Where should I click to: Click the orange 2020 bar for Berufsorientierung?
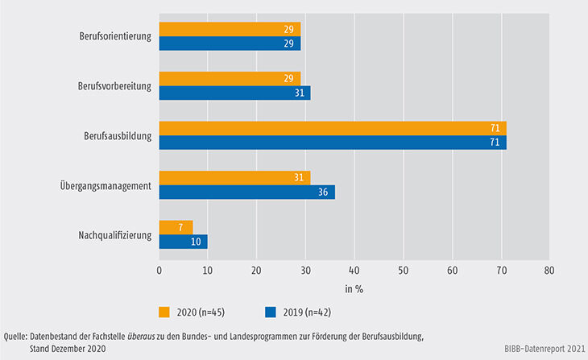tap(230, 29)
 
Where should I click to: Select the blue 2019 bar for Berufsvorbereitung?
tap(234, 93)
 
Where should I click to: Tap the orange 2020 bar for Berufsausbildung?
tap(333, 129)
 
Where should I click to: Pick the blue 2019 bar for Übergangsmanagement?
tap(246, 192)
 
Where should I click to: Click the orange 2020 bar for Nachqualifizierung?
tap(176, 228)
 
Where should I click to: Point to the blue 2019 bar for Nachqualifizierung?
tap(183, 242)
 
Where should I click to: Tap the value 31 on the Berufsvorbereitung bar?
tap(302, 93)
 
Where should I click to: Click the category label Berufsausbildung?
tap(118, 136)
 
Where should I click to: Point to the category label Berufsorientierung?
tap(116, 36)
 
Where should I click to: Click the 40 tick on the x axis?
tap(354, 271)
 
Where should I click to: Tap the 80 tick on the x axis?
tap(549, 271)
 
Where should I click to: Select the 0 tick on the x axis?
tap(159, 271)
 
